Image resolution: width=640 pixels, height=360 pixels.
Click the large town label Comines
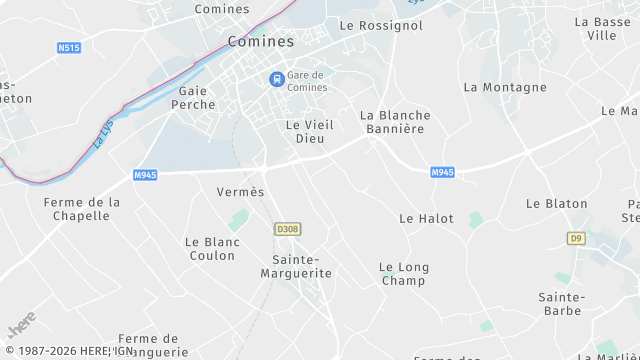261,41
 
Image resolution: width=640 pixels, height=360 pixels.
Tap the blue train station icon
276,79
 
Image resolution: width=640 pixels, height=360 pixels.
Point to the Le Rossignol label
381,25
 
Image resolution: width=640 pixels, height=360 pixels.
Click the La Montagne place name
505,87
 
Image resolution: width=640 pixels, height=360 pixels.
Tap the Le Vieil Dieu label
309,131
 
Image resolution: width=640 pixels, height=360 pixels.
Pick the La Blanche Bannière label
395,122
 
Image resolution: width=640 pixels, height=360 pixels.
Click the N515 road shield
69,47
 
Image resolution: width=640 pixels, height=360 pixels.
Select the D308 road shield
287,229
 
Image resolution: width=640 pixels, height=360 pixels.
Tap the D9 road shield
575,238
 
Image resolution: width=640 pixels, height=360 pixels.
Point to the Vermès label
240,191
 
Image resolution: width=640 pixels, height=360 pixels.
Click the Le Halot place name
426,218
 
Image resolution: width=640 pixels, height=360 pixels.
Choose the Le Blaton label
557,203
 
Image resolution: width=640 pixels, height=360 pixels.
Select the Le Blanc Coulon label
211,248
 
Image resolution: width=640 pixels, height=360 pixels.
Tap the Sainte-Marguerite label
302,265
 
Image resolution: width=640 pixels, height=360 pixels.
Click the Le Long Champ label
404,273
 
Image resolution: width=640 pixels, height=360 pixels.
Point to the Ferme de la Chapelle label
82,208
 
